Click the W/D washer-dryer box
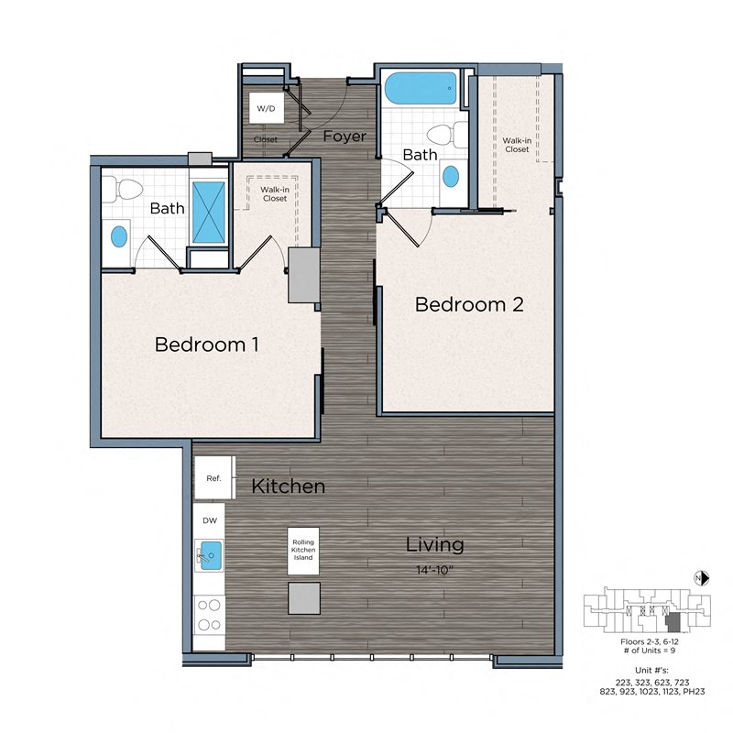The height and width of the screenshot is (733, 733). (266, 108)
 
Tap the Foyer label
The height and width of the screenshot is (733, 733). (345, 137)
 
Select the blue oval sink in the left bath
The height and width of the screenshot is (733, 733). (119, 236)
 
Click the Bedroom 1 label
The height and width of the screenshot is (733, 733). (206, 345)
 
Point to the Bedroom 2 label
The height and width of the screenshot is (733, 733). (469, 304)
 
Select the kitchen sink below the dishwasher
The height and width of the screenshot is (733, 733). (209, 554)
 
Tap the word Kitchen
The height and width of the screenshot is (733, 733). (289, 486)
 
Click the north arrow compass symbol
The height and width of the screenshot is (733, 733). (700, 577)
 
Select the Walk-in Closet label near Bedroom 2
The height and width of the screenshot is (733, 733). (516, 144)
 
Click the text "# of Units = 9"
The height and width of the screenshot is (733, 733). (649, 649)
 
